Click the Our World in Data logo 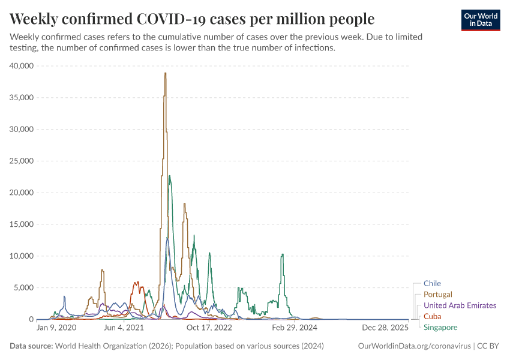pyautogui.click(x=480, y=20)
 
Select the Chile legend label pyautogui.click(x=432, y=283)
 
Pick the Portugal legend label pyautogui.click(x=438, y=295)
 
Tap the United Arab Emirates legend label pyautogui.click(x=460, y=305)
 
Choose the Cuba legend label pyautogui.click(x=432, y=316)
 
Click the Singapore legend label pyautogui.click(x=440, y=328)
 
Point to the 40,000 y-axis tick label pyautogui.click(x=23, y=66)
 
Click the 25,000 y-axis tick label pyautogui.click(x=23, y=161)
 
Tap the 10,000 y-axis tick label pyautogui.click(x=23, y=256)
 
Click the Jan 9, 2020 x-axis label pyautogui.click(x=56, y=328)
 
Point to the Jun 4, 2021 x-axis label pyautogui.click(x=124, y=328)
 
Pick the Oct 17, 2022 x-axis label pyautogui.click(x=209, y=328)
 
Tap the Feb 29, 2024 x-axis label pyautogui.click(x=294, y=328)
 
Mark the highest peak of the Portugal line pyautogui.click(x=165, y=73)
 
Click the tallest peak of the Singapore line pyautogui.click(x=170, y=176)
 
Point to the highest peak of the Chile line pyautogui.click(x=167, y=238)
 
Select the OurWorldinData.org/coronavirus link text pyautogui.click(x=414, y=346)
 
